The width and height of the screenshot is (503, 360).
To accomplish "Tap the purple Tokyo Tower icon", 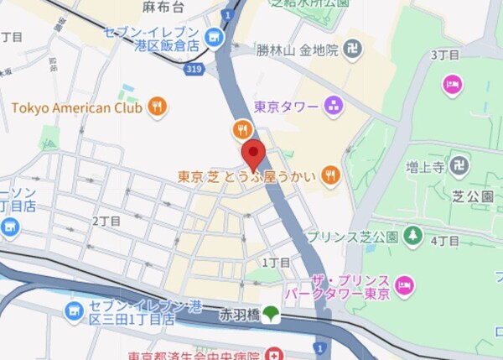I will point(334,107).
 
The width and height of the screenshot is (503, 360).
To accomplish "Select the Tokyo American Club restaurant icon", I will point(157,107).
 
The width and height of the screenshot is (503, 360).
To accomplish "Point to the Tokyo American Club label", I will point(77,107).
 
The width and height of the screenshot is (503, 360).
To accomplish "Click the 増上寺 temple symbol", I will point(458,166).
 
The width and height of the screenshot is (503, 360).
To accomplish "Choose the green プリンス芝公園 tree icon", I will point(412,237).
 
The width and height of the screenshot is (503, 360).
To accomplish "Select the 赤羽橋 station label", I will point(238,316).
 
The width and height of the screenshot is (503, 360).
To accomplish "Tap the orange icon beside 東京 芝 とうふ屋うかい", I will point(331,176).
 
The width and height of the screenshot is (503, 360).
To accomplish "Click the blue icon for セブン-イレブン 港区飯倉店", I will point(214,36).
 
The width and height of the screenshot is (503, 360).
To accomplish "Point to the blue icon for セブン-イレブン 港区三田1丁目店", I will point(74,311).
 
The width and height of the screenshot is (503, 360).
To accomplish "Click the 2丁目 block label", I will point(106,221).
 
